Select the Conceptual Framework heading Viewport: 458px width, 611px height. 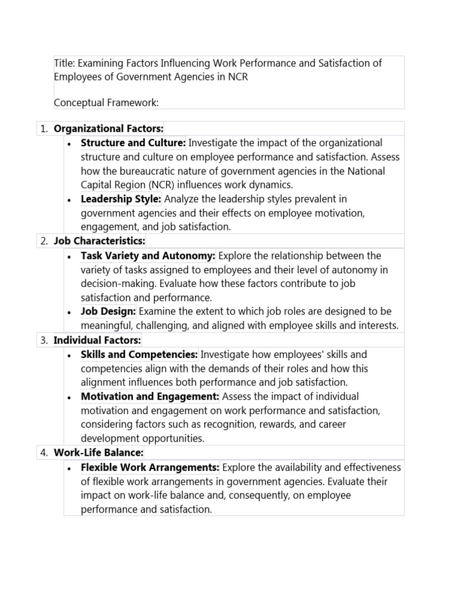tap(106, 103)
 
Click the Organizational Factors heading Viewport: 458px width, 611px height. tap(109, 129)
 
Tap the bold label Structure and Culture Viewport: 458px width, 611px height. tap(134, 143)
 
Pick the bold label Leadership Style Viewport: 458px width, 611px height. tap(121, 199)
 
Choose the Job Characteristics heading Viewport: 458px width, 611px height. tap(100, 241)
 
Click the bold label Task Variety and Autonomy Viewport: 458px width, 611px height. tap(148, 256)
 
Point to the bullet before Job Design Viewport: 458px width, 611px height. tap(70, 312)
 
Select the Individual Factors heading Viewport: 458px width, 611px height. tap(97, 340)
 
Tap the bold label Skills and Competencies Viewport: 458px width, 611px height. tap(139, 355)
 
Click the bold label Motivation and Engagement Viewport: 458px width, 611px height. tap(150, 397)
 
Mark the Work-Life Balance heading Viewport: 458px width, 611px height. tap(98, 453)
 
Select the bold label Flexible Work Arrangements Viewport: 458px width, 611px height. tap(150, 467)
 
